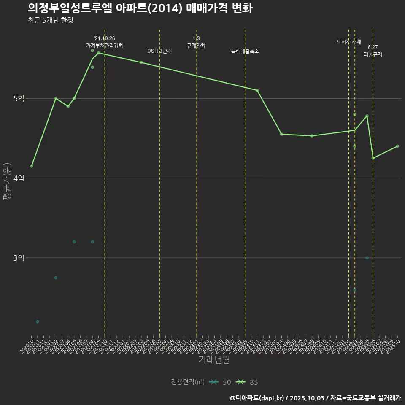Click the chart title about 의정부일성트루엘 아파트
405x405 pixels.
pyautogui.click(x=140, y=8)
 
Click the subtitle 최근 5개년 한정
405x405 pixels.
pyautogui.click(x=51, y=20)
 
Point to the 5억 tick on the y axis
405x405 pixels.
pyautogui.click(x=19, y=98)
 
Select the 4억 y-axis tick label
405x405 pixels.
pyautogui.click(x=19, y=178)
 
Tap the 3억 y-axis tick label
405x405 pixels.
pyautogui.click(x=19, y=258)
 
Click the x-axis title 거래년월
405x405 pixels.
pyautogui.click(x=214, y=360)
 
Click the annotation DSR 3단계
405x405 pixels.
pyautogui.click(x=159, y=51)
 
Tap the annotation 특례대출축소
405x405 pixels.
pyautogui.click(x=245, y=51)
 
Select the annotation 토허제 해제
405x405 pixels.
pyautogui.click(x=349, y=42)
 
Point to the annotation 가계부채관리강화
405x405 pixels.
pyautogui.click(x=105, y=45)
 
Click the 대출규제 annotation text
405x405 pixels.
pyautogui.click(x=373, y=54)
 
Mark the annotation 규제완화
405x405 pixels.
pyautogui.click(x=196, y=45)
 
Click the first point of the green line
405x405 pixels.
pyautogui.click(x=32, y=166)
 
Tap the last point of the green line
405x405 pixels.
pyautogui.click(x=397, y=146)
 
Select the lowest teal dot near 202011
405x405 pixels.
pyautogui.click(x=38, y=321)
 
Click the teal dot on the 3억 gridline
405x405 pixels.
pyautogui.click(x=367, y=258)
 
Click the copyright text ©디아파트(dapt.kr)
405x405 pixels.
pyautogui.click(x=258, y=398)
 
